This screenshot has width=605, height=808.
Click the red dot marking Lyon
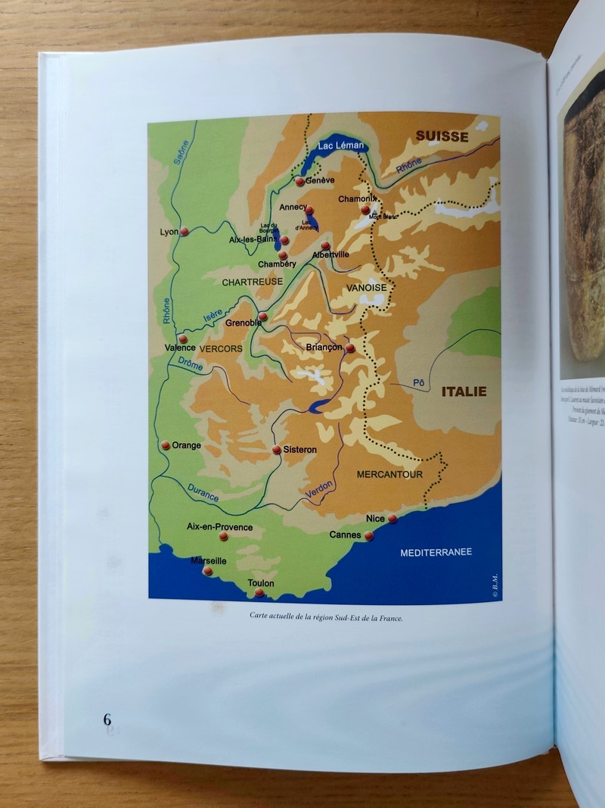[x=184, y=232]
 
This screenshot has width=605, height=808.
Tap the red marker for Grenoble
[x=262, y=317]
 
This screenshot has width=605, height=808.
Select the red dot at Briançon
[x=349, y=348]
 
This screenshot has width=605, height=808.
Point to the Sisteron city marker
[x=277, y=450]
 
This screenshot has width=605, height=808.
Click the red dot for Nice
[x=392, y=519]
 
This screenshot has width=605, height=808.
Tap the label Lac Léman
[x=341, y=145]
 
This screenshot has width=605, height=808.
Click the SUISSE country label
[x=442, y=137]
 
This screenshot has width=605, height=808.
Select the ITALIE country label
[x=464, y=392]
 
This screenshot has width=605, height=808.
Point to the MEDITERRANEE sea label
[x=436, y=552]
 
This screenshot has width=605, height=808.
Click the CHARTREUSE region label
[x=252, y=282]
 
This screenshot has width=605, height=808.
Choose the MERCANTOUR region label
[x=389, y=475]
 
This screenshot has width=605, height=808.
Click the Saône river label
[x=180, y=151]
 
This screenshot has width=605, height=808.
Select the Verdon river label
[x=318, y=490]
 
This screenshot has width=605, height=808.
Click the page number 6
[x=107, y=719]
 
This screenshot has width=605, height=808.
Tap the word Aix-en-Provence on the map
[x=219, y=527]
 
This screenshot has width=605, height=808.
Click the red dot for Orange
[x=166, y=445]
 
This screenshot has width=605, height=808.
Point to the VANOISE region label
[x=366, y=289]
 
